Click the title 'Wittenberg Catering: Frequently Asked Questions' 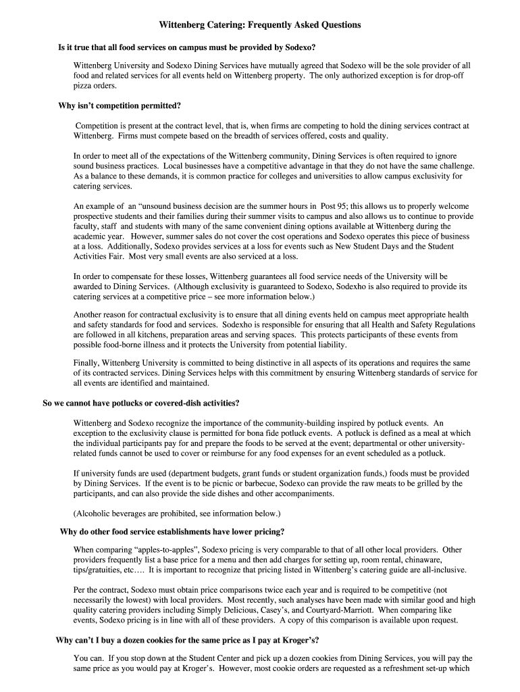coord(260,25)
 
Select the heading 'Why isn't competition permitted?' coord(120,105)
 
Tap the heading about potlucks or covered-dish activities coord(141,403)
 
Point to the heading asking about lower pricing coord(172,531)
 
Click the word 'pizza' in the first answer coord(84,86)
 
